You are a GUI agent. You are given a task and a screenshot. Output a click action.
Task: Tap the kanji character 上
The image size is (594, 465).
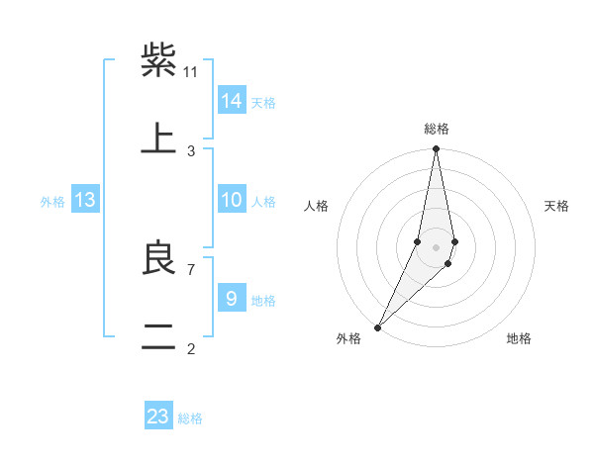[158, 139]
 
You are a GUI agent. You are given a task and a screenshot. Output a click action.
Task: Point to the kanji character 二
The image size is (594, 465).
[158, 336]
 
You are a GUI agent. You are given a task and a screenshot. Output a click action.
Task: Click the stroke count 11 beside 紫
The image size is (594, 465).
[191, 71]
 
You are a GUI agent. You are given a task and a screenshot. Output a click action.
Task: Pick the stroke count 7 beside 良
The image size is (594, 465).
[190, 269]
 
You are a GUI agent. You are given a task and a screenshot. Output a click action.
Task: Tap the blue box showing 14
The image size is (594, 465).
[232, 101]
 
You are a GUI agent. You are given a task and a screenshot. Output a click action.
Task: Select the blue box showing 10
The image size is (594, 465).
[232, 200]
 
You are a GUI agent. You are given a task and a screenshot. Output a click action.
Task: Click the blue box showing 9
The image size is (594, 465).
[232, 299]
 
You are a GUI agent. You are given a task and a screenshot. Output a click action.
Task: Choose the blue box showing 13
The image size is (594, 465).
[85, 200]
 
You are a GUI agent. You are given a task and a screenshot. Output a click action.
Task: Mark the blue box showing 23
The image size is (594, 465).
[158, 417]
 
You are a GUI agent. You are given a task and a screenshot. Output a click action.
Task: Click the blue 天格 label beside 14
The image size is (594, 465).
[263, 103]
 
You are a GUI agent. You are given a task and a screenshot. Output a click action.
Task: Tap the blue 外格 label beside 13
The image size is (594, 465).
[52, 202]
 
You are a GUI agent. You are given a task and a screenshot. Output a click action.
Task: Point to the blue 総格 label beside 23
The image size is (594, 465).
[190, 418]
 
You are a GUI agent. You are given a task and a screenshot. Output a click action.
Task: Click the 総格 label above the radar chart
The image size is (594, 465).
[437, 129]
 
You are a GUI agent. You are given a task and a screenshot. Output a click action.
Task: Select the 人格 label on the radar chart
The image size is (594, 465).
[317, 206]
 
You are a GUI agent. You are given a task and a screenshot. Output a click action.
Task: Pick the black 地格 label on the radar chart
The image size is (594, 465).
[519, 339]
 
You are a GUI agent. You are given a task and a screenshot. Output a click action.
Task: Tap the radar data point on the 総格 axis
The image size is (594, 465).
[437, 149]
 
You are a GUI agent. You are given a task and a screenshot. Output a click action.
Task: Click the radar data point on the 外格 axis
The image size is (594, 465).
[378, 326]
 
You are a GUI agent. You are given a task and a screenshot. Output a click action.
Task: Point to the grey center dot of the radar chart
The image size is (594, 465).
[437, 247]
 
